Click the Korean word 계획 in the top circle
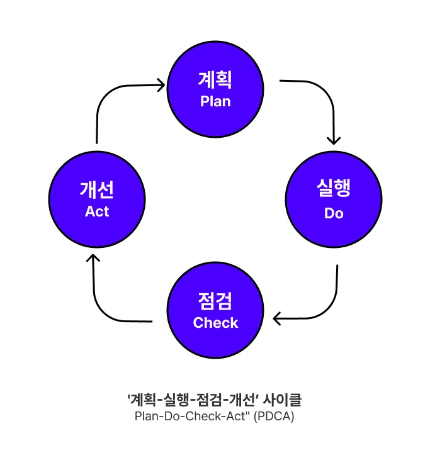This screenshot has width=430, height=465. point(215,81)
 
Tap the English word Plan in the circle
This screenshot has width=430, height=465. point(215,101)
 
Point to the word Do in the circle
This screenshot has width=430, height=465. point(334,213)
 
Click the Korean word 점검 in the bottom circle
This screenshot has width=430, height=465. point(215,300)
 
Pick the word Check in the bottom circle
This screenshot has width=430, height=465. point(215,323)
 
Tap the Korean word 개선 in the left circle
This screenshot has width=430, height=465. point(97,189)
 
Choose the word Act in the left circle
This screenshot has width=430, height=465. point(97,211)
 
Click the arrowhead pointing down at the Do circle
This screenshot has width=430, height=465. point(334,138)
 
